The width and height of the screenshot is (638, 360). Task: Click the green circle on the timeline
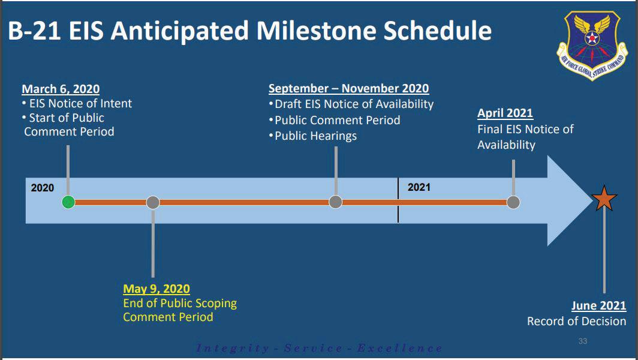pos(68,202)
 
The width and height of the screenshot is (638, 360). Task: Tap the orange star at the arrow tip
pos(604,199)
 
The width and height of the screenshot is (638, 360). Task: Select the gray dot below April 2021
pos(513,202)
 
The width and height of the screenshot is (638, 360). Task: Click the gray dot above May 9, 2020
pos(153,202)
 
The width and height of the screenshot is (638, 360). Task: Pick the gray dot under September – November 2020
pos(336,202)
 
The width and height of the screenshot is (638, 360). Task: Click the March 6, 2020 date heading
pos(61,89)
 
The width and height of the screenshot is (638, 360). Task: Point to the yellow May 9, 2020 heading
pos(157,289)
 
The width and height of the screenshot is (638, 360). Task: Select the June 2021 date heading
pos(599,305)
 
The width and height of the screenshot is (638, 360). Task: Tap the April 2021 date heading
pos(505,113)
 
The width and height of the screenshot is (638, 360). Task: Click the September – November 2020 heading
pos(349,88)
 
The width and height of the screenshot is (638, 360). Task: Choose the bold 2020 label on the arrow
pos(43,188)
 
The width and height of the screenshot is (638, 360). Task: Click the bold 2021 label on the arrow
pos(419,187)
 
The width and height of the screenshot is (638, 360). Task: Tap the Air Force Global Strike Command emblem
pos(592,45)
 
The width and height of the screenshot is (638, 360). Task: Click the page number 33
pos(583,341)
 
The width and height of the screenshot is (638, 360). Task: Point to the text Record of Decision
pos(577,322)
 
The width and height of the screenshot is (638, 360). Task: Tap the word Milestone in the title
pos(317,31)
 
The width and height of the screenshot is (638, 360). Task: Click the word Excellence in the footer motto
pos(400,349)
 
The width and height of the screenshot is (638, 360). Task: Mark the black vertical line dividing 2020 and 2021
pos(398,200)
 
